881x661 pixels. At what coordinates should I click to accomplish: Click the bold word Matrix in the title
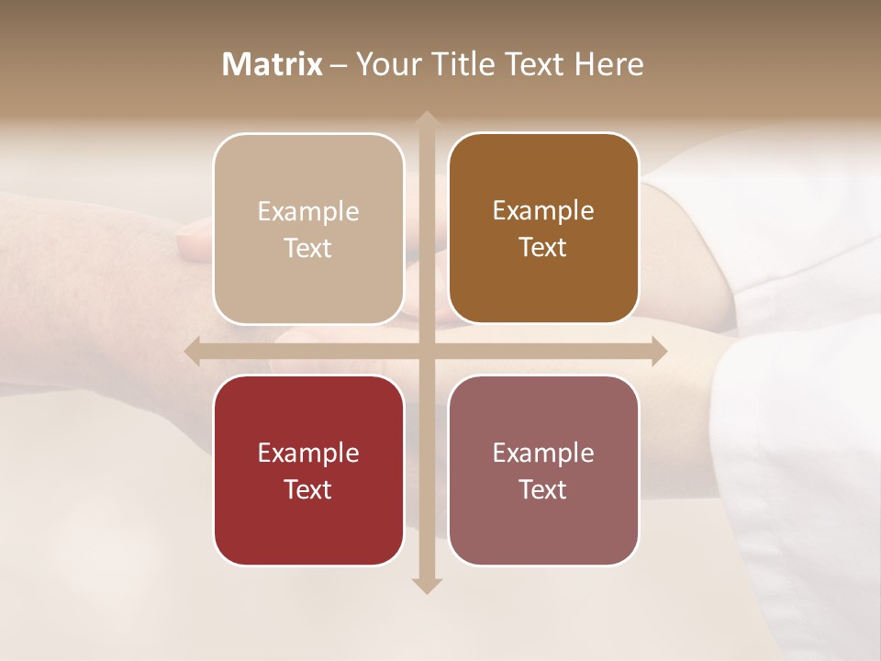pyautogui.click(x=273, y=64)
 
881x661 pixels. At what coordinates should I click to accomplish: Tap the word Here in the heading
pyautogui.click(x=608, y=64)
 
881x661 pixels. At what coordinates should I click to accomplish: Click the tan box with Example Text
pyautogui.click(x=308, y=229)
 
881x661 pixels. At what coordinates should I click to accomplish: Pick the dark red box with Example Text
pyautogui.click(x=308, y=470)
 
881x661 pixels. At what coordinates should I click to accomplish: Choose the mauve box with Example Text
pyautogui.click(x=543, y=470)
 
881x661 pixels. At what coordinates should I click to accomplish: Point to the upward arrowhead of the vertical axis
pyautogui.click(x=426, y=118)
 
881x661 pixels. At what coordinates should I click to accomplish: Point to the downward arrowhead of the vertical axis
pyautogui.click(x=426, y=585)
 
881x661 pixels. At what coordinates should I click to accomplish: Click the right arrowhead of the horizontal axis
pyautogui.click(x=658, y=351)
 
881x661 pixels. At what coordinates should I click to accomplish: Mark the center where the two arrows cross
pyautogui.click(x=426, y=351)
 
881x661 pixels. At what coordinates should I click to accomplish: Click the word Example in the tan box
pyautogui.click(x=308, y=212)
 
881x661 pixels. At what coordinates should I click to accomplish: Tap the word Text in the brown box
pyautogui.click(x=543, y=247)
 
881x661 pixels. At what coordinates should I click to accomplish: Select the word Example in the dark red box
pyautogui.click(x=308, y=454)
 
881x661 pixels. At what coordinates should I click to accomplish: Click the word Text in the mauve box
pyautogui.click(x=543, y=489)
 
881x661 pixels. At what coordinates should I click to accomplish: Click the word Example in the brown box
pyautogui.click(x=543, y=211)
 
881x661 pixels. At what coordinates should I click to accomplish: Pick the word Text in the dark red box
pyautogui.click(x=308, y=489)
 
